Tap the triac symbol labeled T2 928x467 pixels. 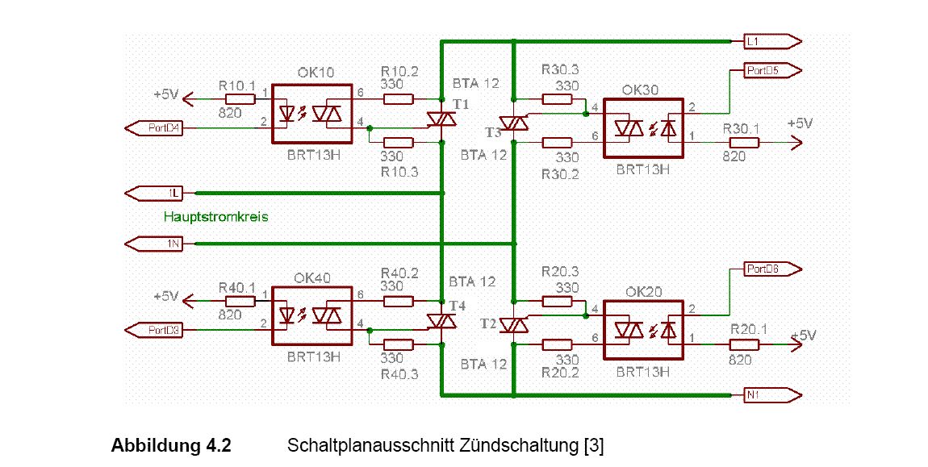[x=513, y=324]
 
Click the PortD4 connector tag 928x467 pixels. [x=153, y=127]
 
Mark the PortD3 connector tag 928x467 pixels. [x=153, y=330]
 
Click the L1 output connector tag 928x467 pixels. [x=771, y=40]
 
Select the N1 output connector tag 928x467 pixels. [x=771, y=394]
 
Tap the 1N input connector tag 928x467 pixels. [x=154, y=243]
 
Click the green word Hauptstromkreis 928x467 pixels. [x=215, y=217]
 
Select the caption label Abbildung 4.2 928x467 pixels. [x=171, y=445]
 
